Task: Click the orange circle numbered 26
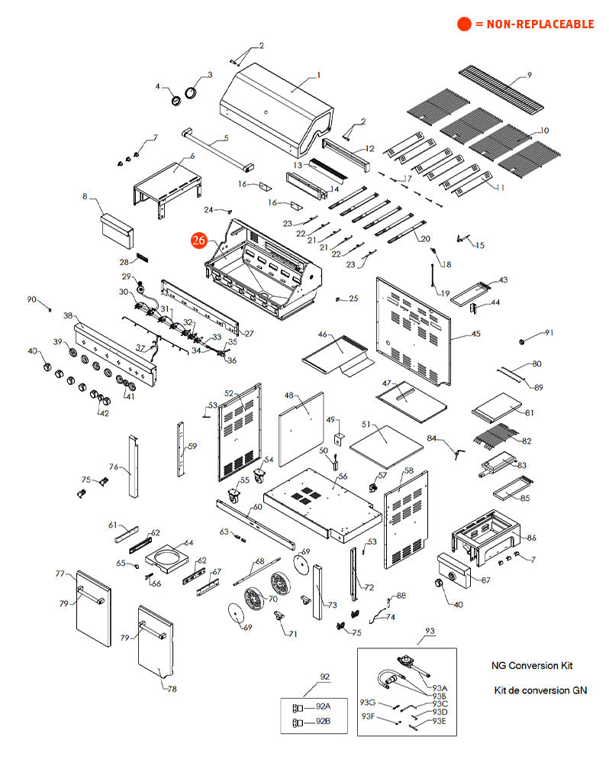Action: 198,240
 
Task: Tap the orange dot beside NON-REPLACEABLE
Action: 464,24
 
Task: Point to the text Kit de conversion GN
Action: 540,690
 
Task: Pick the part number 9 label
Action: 529,75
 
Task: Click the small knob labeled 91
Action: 524,338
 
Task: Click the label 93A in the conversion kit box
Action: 440,687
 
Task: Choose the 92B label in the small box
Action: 323,722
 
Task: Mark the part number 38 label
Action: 68,315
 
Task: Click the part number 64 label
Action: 188,543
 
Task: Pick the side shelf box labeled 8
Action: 117,227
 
